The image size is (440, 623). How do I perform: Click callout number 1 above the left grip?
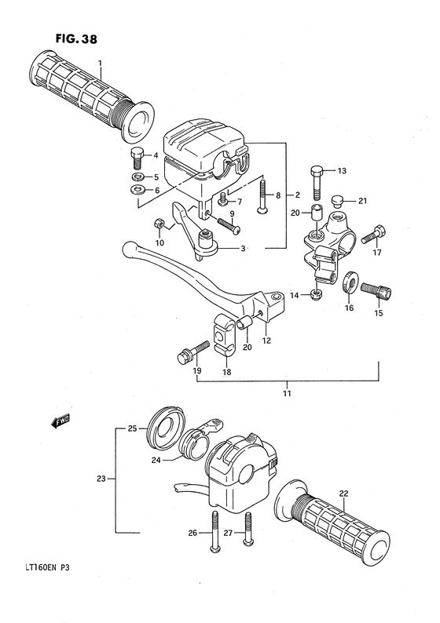click(101, 63)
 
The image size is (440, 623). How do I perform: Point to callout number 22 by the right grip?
click(343, 494)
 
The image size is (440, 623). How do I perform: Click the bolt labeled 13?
click(317, 182)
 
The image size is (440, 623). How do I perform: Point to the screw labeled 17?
click(378, 232)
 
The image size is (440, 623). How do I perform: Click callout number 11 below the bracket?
click(288, 392)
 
